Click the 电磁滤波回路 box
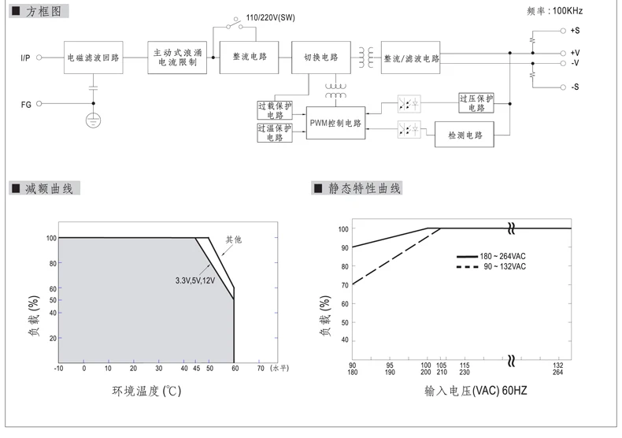point(93,58)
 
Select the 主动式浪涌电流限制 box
point(177,58)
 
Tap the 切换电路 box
point(321,58)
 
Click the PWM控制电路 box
point(335,123)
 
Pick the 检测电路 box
point(464,135)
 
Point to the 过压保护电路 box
point(476,103)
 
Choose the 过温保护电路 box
point(275,132)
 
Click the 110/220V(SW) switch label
point(270,18)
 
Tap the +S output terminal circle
point(563,31)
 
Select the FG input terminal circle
point(39,103)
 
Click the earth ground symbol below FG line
point(93,120)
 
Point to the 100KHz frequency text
point(567,11)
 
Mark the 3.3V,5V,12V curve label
point(195,280)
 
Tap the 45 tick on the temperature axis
point(196,368)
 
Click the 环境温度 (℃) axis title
point(146,392)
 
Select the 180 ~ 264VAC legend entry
point(491,256)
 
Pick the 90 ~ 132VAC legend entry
point(491,266)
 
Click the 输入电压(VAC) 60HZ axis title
point(476,391)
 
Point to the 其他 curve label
point(234,239)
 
